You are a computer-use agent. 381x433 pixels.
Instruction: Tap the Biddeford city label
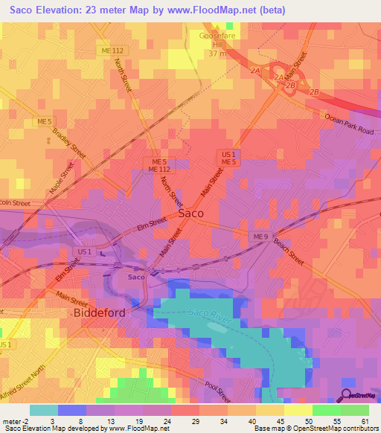click(98, 313)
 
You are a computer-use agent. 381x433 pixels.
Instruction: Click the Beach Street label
click(288, 249)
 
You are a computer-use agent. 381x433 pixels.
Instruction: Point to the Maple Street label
click(57, 181)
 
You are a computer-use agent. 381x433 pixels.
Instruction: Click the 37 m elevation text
click(216, 54)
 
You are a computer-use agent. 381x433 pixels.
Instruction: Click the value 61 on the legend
click(364, 420)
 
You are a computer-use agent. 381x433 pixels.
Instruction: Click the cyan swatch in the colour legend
click(43, 410)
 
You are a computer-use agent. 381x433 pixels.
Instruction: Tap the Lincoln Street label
click(14, 203)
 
